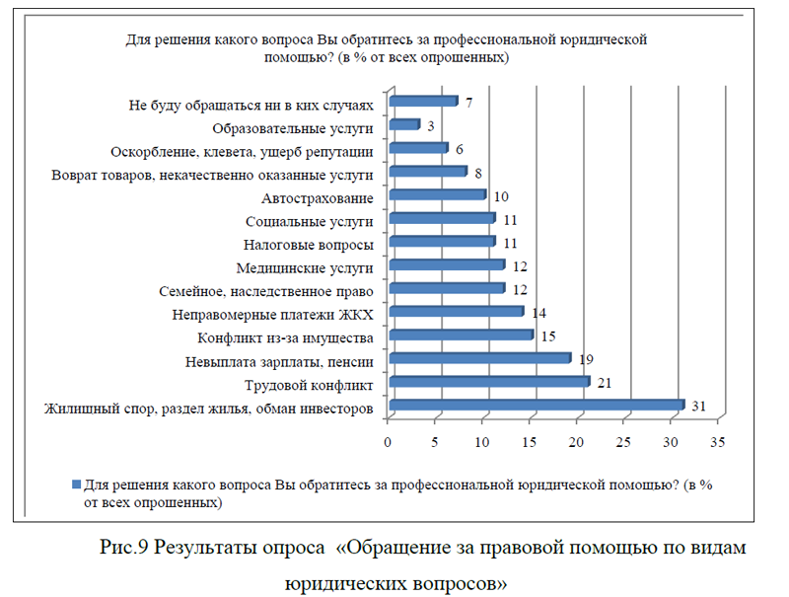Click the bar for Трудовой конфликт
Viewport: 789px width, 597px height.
click(x=489, y=382)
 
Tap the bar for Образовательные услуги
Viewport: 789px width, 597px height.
click(x=404, y=125)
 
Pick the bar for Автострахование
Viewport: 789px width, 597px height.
click(x=437, y=195)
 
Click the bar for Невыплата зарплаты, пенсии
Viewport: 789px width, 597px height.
click(x=479, y=358)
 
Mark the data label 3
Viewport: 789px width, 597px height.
click(x=430, y=125)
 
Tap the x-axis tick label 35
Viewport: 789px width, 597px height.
click(x=716, y=440)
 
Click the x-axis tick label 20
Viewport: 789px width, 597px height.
click(x=576, y=440)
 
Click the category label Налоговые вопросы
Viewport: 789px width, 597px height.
click(x=307, y=244)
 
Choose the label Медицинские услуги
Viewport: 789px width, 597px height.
click(x=305, y=267)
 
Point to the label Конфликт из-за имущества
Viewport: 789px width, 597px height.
click(x=286, y=337)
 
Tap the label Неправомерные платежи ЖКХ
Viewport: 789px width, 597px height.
click(x=272, y=314)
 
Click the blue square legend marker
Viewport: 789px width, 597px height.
click(x=75, y=485)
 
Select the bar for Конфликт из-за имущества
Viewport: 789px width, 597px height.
click(x=461, y=336)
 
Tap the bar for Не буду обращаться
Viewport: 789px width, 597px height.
click(x=423, y=102)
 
